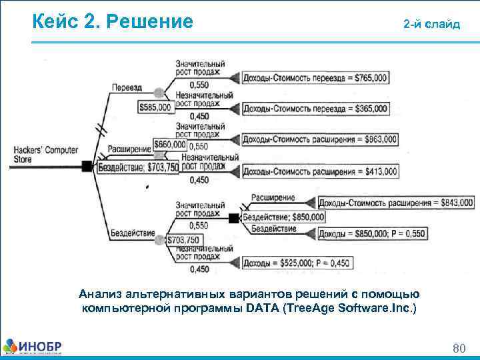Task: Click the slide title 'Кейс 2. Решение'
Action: click(113, 22)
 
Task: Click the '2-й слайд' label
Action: click(431, 25)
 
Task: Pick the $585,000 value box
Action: click(155, 107)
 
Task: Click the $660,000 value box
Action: click(170, 145)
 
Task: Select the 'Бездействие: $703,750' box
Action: click(139, 168)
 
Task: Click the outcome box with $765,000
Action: click(315, 79)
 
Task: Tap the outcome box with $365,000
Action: click(315, 109)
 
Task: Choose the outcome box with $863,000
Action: click(319, 139)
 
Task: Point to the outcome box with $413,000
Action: click(319, 171)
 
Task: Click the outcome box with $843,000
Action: click(395, 203)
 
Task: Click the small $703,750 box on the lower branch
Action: click(182, 240)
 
